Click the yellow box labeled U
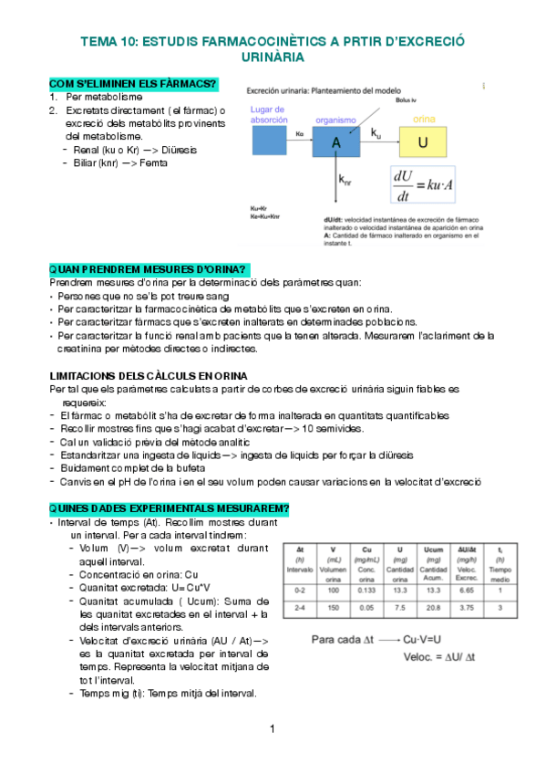coord(422,142)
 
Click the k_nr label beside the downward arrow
coord(345,181)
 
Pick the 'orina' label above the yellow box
coord(423,120)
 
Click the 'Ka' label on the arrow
coord(300,134)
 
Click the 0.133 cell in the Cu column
coord(366,591)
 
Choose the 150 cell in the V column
coord(334,607)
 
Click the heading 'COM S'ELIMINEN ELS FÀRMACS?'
coord(132,85)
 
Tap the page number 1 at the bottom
coord(273,727)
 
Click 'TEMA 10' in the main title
coord(108,42)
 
